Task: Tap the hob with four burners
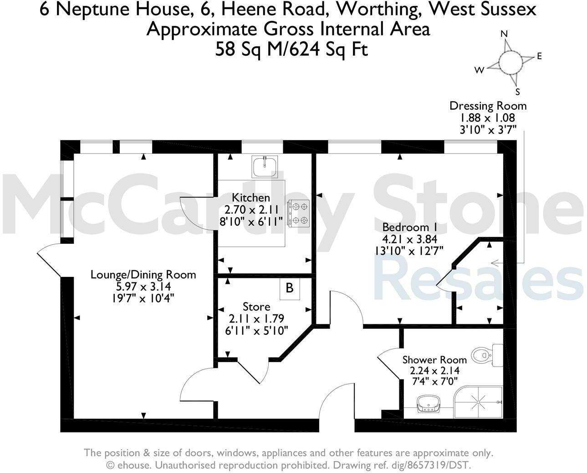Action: click(x=298, y=213)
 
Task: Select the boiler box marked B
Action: click(x=289, y=288)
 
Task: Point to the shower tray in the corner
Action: click(x=478, y=402)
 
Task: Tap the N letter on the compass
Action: click(x=504, y=34)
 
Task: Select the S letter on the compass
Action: click(x=517, y=92)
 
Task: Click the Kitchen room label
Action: click(x=251, y=198)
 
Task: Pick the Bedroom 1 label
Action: click(x=406, y=227)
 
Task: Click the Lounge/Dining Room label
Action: click(x=143, y=275)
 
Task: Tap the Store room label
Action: click(x=256, y=307)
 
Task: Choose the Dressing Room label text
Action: click(x=488, y=106)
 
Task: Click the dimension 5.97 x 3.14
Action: click(x=143, y=287)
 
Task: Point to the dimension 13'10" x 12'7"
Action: click(x=408, y=251)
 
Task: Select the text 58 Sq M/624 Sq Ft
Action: click(x=291, y=49)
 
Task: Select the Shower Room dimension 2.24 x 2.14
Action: click(x=434, y=371)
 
